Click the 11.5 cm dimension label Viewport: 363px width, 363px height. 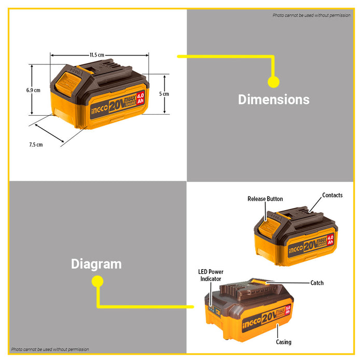97,55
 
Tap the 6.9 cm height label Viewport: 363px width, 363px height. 33,90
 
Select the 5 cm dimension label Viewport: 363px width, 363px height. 164,94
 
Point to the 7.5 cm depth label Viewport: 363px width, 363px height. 36,145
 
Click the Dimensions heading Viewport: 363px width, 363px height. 274,100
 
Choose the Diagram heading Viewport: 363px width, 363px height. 96,264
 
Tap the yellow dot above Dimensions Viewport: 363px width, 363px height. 274,82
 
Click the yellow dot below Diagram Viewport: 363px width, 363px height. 97,281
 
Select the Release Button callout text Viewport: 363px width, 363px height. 265,199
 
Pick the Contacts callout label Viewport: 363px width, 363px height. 332,195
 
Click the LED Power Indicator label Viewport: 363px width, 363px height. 211,275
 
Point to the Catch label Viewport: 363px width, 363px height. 317,283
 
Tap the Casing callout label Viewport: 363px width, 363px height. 284,342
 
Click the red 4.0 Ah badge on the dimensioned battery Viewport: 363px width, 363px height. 141,99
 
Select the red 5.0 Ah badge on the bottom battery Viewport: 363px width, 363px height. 287,311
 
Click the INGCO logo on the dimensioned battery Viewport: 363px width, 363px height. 100,109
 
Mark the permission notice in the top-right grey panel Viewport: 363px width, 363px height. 311,15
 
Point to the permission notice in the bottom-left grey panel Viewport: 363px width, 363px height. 50,350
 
